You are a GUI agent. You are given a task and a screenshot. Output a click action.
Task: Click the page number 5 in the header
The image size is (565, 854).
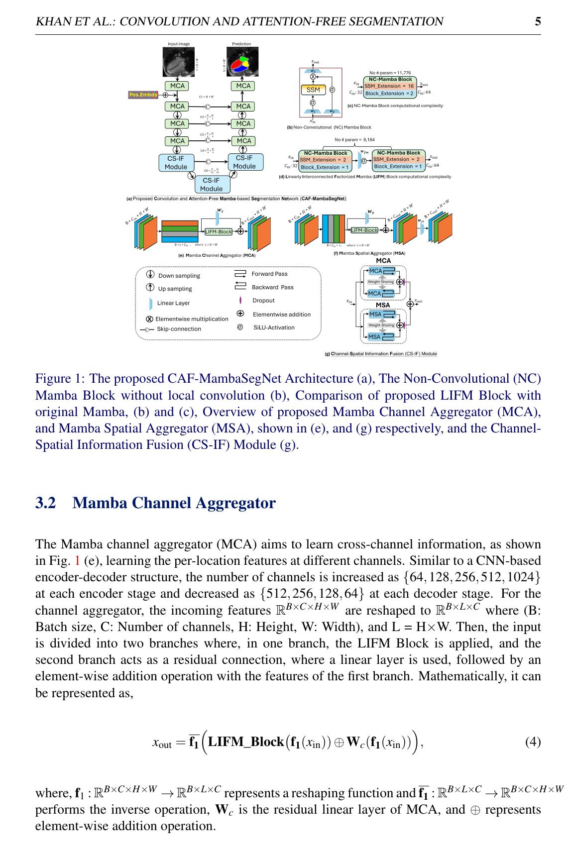[x=538, y=21]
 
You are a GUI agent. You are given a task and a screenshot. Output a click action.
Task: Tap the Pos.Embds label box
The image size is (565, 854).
[x=143, y=95]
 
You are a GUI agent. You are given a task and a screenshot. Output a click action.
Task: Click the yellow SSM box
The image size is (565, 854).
[x=313, y=90]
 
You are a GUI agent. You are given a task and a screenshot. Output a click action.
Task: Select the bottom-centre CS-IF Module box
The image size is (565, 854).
[x=211, y=184]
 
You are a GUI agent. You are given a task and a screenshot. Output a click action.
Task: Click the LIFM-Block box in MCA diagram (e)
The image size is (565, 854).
[x=219, y=231]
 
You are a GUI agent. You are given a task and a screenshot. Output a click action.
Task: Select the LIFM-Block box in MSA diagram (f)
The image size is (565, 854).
[x=364, y=230]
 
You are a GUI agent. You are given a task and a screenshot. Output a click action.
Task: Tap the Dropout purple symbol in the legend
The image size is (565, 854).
[x=240, y=301]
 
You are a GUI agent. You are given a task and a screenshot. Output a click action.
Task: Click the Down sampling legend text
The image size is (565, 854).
[x=179, y=276]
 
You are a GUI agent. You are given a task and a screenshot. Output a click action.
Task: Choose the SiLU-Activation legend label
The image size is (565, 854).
[x=274, y=327]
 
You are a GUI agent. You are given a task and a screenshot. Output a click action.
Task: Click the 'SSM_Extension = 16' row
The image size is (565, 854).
[x=389, y=86]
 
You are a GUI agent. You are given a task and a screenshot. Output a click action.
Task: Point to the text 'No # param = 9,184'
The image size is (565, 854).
[x=354, y=140]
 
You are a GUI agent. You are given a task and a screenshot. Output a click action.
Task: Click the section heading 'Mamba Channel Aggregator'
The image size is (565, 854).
[x=174, y=503]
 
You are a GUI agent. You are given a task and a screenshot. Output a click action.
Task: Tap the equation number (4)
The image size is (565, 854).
[x=533, y=742]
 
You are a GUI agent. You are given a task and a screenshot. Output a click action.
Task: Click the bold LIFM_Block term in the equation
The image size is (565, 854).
[x=245, y=742]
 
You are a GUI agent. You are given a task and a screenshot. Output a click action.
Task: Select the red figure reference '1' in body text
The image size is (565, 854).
[x=77, y=561]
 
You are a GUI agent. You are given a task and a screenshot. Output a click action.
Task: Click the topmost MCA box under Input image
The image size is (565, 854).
[x=177, y=86]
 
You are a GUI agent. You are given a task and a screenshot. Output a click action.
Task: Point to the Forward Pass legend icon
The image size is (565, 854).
[x=240, y=274]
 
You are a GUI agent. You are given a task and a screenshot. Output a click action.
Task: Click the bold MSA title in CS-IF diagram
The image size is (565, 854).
[x=383, y=305]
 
